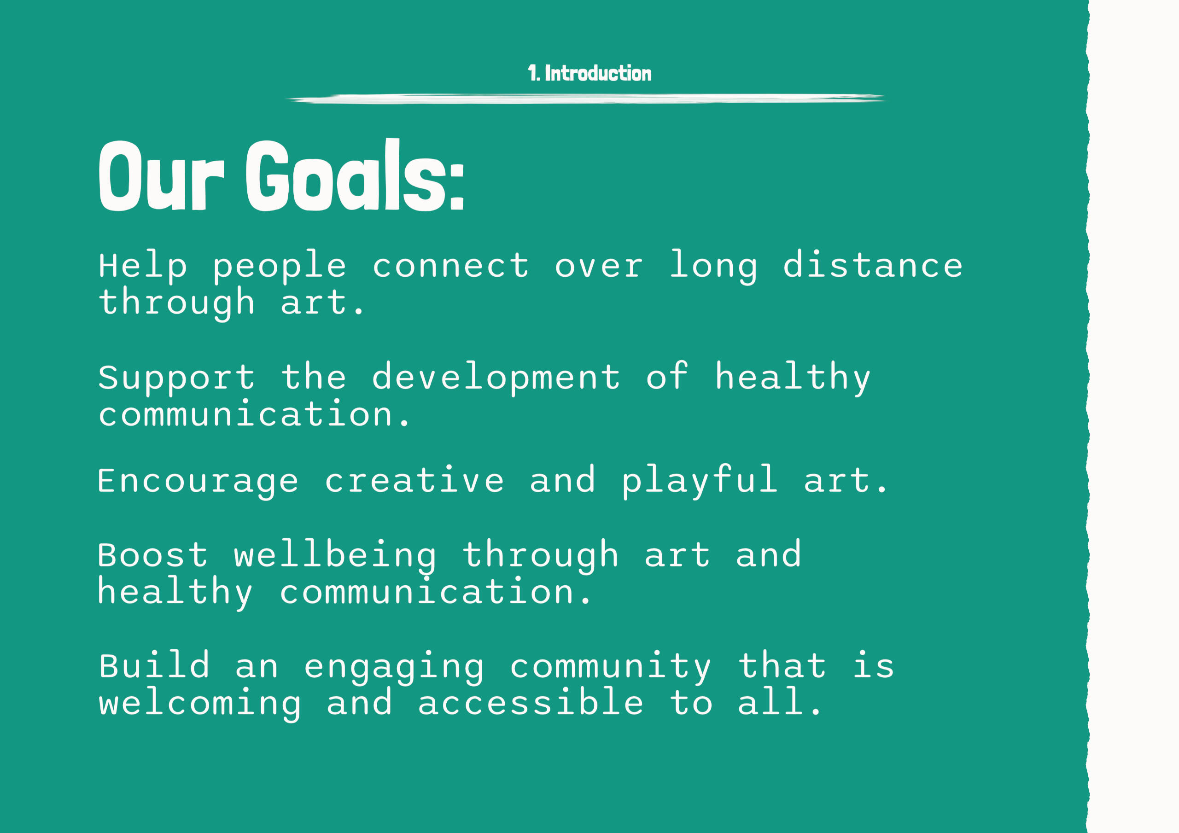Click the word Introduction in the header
coord(598,73)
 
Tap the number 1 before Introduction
coord(532,73)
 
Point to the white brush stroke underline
coord(586,99)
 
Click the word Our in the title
coord(161,175)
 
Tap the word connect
coord(451,266)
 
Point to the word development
coord(496,378)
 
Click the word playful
coord(700,481)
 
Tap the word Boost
coord(152,555)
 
